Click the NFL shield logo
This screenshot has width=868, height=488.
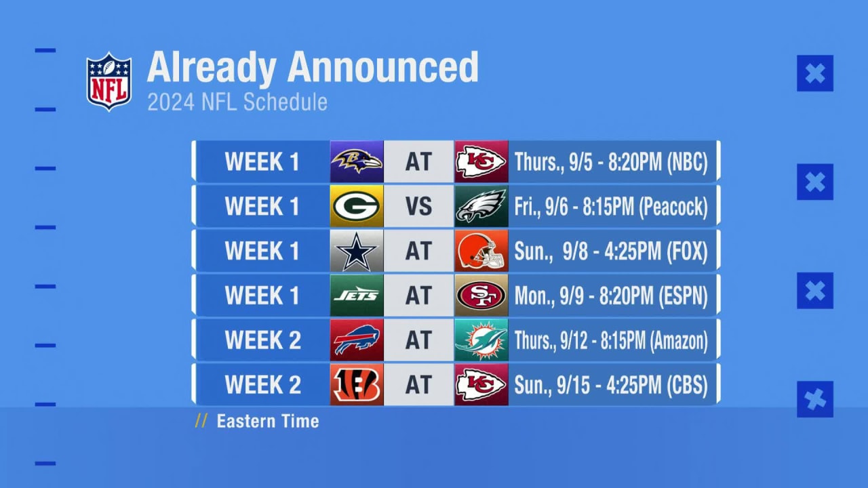click(x=108, y=81)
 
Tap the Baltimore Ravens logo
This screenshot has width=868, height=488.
click(x=357, y=161)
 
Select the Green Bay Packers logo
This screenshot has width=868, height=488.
click(x=357, y=206)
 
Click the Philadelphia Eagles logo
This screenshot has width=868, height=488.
click(x=481, y=206)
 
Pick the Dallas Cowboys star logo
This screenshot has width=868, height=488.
click(x=357, y=251)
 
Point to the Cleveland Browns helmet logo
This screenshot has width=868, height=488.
click(x=481, y=251)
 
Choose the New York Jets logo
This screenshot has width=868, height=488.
click(x=357, y=296)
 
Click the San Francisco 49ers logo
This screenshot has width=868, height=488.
click(x=481, y=296)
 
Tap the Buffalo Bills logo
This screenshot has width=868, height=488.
click(x=357, y=340)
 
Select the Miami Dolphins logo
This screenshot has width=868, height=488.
click(x=481, y=340)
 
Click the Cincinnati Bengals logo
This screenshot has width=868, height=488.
click(x=357, y=385)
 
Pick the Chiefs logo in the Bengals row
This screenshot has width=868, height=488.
click(x=481, y=385)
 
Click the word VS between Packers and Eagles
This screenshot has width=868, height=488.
click(x=418, y=206)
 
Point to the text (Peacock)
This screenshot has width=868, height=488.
click(x=673, y=207)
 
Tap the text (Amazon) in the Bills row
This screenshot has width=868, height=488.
click(x=679, y=341)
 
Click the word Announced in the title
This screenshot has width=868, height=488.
click(x=382, y=67)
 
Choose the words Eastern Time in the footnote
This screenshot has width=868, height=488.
click(x=267, y=422)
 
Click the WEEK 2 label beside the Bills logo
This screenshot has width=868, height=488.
click(x=262, y=340)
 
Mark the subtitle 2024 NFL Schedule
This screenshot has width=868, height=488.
click(x=237, y=102)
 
